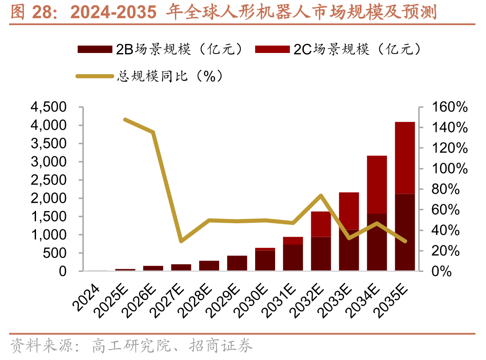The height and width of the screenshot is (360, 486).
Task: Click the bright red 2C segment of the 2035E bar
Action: [x=404, y=158]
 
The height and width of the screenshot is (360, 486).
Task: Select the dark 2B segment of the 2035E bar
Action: [x=404, y=232]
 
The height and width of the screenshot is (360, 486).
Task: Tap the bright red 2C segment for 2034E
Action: [x=377, y=185]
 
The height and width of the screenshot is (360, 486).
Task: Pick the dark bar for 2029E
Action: [x=237, y=263]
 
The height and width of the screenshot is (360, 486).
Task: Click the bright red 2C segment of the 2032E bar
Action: [x=321, y=224]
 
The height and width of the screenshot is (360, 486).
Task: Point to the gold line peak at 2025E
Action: [x=125, y=119]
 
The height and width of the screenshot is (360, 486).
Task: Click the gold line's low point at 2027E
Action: [x=181, y=241]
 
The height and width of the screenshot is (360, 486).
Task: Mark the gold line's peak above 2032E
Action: [x=321, y=195]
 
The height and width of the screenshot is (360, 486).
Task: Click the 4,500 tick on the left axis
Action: [x=48, y=107]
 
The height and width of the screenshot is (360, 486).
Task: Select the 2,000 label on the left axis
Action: [x=48, y=198]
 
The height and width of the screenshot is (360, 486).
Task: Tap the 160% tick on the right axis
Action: [x=449, y=107]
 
